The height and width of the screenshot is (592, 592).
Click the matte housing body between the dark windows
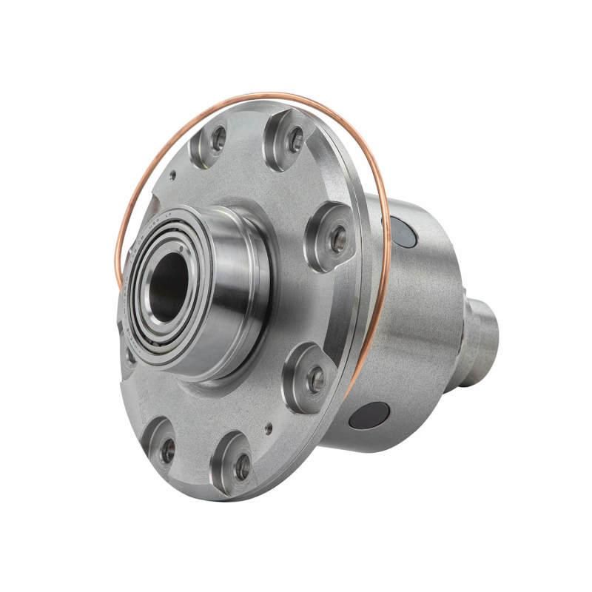coord(414,326)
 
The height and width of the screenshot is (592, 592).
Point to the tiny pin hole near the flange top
coord(172,176)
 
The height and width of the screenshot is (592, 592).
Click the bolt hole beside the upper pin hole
coord(218,137)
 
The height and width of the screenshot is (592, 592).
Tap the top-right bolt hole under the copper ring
coord(295,138)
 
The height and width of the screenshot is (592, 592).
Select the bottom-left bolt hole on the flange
coord(167,448)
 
